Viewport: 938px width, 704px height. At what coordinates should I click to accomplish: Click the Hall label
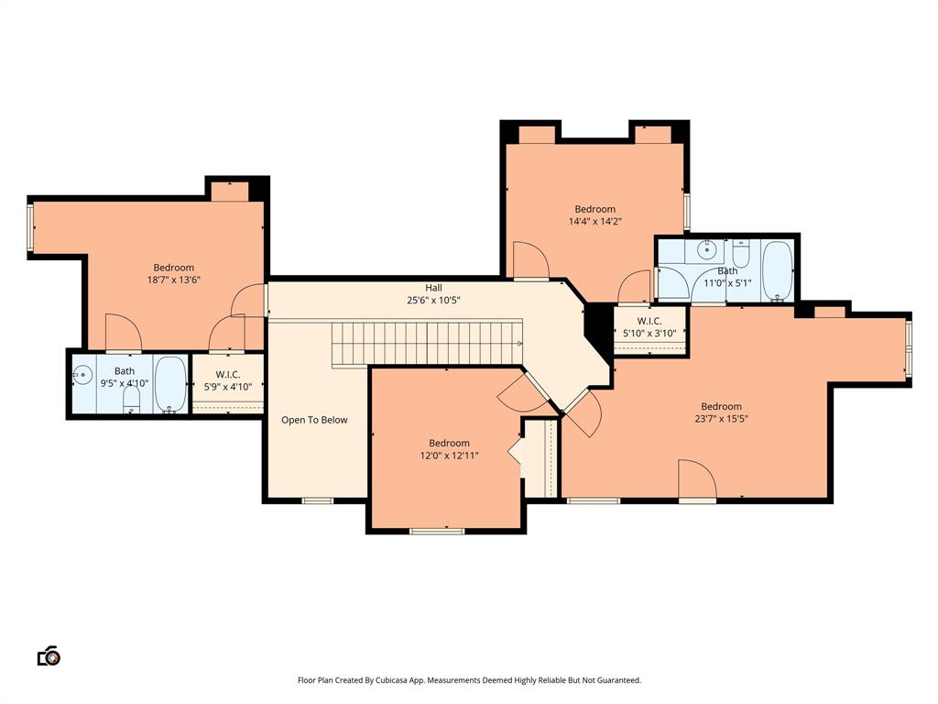(x=433, y=287)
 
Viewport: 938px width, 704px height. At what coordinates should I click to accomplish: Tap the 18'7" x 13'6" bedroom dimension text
(x=173, y=280)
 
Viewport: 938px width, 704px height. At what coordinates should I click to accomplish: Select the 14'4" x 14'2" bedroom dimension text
(x=595, y=221)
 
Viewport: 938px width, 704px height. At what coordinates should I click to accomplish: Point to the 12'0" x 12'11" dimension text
(x=449, y=456)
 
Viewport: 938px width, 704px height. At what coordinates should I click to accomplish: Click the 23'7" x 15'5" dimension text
(x=721, y=419)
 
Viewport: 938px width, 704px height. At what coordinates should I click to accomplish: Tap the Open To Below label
(x=314, y=420)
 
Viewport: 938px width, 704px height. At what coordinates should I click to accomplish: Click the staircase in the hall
(x=426, y=343)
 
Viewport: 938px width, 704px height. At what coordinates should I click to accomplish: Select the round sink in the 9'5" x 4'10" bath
(x=83, y=374)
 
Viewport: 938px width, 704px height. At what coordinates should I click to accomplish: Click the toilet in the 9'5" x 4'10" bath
(x=131, y=397)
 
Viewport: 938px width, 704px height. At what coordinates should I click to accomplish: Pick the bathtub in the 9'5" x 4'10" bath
(x=169, y=384)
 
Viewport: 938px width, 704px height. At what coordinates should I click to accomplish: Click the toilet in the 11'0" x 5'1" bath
(x=741, y=250)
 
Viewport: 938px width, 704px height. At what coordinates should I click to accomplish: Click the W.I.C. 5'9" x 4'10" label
(x=228, y=380)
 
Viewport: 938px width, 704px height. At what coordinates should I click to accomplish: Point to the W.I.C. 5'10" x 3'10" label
(x=649, y=327)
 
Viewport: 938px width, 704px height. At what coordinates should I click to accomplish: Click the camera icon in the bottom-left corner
(x=49, y=656)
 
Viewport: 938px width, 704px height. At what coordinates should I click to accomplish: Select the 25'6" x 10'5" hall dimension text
(x=433, y=300)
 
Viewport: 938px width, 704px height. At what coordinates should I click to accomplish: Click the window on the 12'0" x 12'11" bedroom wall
(x=437, y=531)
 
